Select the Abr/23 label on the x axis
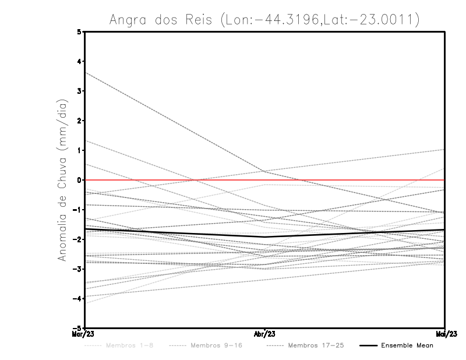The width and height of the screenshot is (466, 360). click(265, 334)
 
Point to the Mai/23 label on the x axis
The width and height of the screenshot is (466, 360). click(445, 334)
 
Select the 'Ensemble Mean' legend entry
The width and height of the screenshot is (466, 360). click(407, 345)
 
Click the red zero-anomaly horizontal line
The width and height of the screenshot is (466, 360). click(349, 180)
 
